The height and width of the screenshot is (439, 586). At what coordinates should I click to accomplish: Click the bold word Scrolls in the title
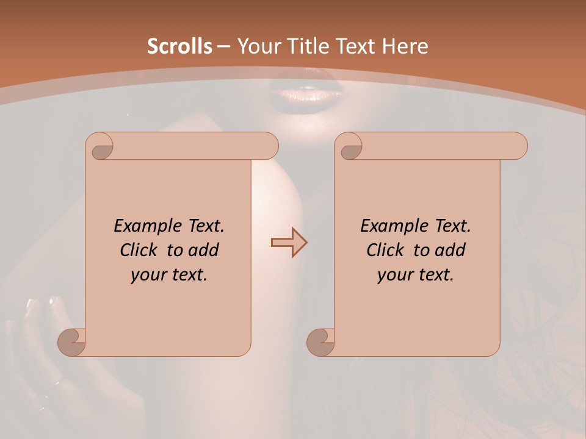(x=179, y=46)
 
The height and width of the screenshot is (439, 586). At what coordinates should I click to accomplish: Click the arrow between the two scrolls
(x=289, y=243)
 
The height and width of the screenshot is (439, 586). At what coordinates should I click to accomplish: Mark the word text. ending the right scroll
(x=434, y=275)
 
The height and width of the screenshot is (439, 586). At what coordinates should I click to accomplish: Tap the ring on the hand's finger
(x=57, y=384)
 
